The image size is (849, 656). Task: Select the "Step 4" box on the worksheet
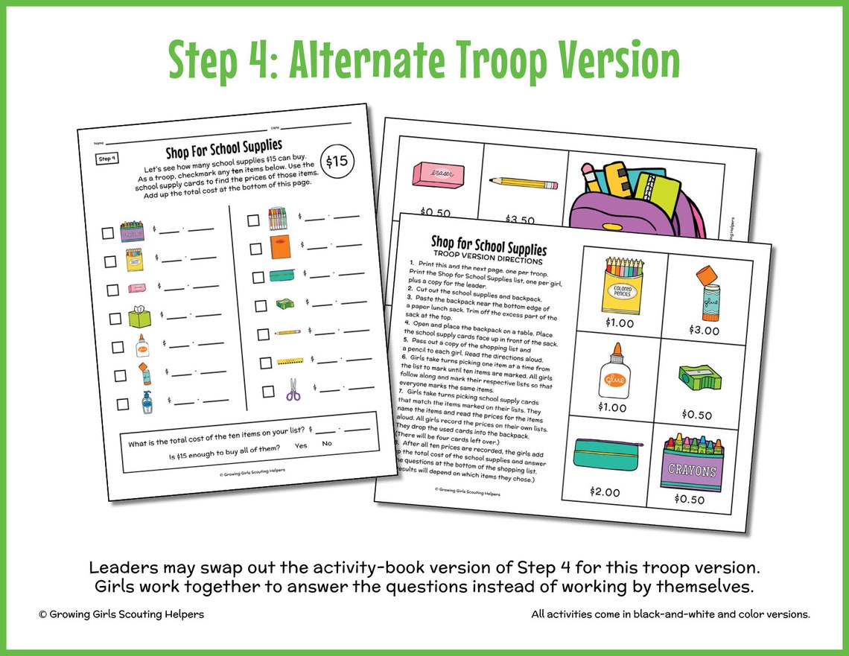[106, 159]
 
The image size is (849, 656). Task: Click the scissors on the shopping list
[293, 389]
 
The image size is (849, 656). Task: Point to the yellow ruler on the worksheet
[288, 363]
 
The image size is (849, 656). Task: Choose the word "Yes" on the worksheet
[301, 445]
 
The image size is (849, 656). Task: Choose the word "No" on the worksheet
[327, 444]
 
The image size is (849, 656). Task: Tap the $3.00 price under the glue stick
[704, 330]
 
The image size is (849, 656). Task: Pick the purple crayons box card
[693, 463]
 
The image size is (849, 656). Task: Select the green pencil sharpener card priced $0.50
[699, 380]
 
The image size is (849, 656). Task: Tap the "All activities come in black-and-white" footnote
[670, 614]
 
